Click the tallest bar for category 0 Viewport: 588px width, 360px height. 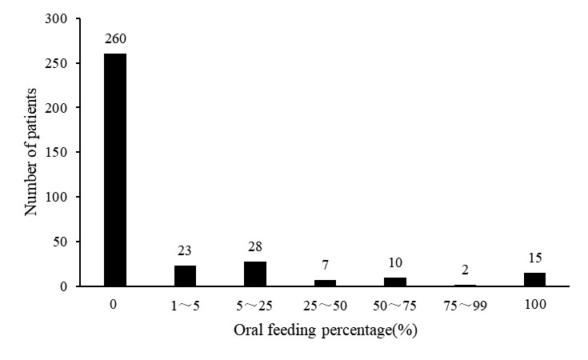[115, 170]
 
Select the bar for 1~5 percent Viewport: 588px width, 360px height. [185, 276]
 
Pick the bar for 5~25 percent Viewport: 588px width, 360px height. [255, 274]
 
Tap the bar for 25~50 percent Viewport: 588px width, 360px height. [325, 283]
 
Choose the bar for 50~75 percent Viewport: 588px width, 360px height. [395, 282]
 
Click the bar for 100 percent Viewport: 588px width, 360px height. [534, 279]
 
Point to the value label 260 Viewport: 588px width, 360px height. [115, 38]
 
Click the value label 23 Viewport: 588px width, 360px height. [185, 250]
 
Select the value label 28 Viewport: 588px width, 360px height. [255, 246]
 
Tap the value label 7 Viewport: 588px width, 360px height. [325, 265]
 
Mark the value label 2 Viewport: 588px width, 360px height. [465, 270]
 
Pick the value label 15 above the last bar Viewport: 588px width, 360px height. [535, 258]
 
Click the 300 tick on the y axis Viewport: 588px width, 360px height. [56, 18]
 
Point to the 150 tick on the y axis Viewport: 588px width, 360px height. [56, 152]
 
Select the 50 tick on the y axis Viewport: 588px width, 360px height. [60, 242]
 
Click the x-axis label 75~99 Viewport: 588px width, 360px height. [465, 306]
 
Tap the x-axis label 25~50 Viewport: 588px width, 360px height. [325, 306]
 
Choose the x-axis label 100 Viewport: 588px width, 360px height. [535, 304]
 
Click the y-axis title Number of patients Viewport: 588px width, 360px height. [30, 152]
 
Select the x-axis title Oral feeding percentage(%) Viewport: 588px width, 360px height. [326, 330]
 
